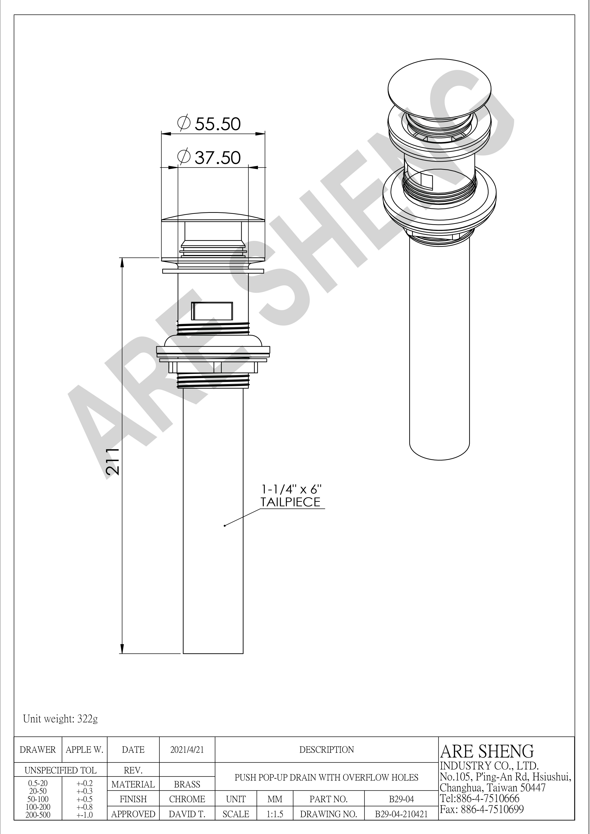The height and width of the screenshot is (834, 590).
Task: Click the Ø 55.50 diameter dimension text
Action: coord(209,124)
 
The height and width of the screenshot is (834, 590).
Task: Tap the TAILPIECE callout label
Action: coord(291,502)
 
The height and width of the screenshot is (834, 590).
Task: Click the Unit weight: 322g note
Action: coord(60,719)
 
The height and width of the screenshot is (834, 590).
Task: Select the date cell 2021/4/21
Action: coord(187,750)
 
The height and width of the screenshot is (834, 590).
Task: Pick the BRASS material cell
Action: coord(187,785)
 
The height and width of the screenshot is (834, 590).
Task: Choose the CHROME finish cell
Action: coord(187,800)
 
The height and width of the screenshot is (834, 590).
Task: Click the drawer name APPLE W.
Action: coord(85,750)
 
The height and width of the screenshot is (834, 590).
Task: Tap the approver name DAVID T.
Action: coord(187,814)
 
